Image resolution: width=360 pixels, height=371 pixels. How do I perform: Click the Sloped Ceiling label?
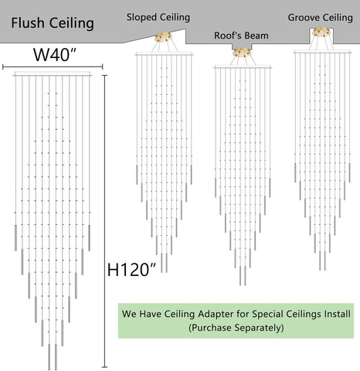click(x=158, y=18)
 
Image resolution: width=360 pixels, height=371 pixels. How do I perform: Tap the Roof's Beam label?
click(x=241, y=36)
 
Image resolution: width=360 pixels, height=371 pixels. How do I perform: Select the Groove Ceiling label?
click(x=320, y=18)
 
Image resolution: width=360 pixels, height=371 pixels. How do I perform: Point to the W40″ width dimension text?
click(x=55, y=54)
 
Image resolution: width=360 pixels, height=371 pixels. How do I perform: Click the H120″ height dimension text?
click(x=131, y=270)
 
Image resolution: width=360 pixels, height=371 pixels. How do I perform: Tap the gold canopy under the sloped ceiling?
click(x=164, y=37)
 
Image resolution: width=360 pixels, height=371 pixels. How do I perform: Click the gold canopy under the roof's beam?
click(x=242, y=53)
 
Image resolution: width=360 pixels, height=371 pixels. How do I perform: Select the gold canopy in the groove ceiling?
click(x=321, y=32)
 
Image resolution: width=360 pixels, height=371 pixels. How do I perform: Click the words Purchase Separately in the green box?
click(x=236, y=328)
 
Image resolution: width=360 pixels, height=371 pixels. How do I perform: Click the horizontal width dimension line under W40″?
click(x=53, y=67)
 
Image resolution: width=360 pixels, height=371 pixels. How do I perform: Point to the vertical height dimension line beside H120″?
click(x=104, y=221)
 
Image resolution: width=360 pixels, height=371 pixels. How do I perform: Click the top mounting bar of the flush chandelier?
click(x=53, y=74)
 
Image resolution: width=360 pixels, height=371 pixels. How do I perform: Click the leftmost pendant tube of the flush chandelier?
click(x=15, y=237)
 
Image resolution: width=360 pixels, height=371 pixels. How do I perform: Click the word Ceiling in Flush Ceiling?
click(x=72, y=22)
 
